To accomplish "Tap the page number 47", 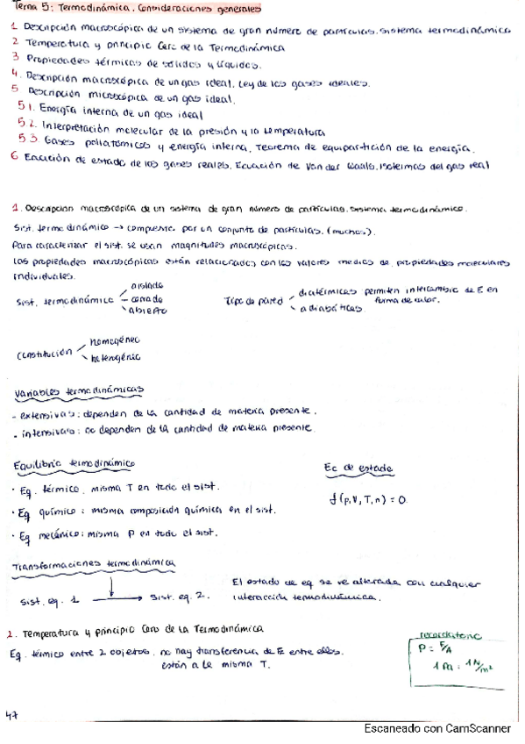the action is [12, 716].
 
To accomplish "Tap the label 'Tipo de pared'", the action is [253, 300].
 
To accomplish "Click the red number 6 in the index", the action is [15, 159].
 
